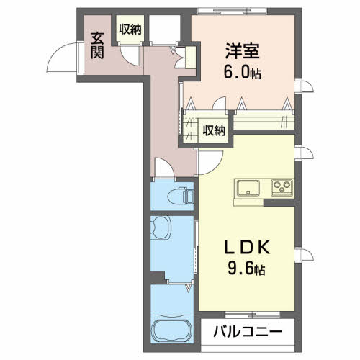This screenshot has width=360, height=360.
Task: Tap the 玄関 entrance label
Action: pyautogui.click(x=97, y=45)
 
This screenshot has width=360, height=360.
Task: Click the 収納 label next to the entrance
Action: pyautogui.click(x=130, y=29)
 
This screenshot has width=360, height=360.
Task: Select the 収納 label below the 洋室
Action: pyautogui.click(x=214, y=130)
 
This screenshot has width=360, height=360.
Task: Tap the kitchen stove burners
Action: pyautogui.click(x=281, y=189)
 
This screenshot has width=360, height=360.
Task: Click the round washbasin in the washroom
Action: pyautogui.click(x=162, y=229)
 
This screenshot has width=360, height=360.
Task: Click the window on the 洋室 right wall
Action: pyautogui.click(x=307, y=89)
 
